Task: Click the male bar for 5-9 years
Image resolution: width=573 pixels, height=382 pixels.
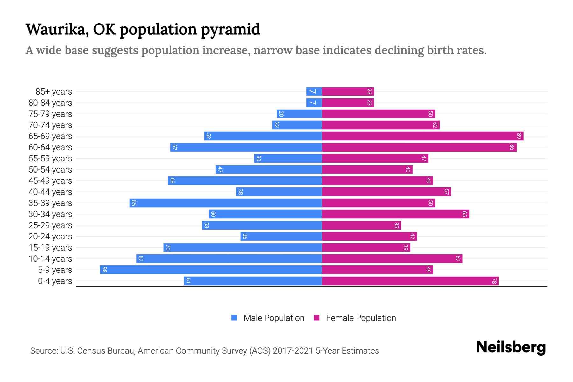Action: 211,270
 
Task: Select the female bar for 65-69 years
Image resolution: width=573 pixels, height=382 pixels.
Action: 422,136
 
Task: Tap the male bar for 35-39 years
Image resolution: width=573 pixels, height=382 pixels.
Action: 225,203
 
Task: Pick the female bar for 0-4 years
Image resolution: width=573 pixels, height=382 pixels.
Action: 410,281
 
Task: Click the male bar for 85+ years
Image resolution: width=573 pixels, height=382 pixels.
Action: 314,92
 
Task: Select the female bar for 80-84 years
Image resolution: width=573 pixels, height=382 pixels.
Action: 348,103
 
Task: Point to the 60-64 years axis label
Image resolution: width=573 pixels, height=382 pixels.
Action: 50,147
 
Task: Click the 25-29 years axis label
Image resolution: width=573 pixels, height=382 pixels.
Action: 50,225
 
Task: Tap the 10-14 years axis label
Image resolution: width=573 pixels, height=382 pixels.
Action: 50,259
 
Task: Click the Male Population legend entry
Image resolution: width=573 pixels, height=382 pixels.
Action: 274,318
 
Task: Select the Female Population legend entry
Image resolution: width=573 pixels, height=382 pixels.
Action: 361,318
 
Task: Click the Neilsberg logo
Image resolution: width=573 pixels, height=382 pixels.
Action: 511,347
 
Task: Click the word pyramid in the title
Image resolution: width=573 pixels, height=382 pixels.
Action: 230,30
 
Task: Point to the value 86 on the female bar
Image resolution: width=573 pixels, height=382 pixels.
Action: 512,147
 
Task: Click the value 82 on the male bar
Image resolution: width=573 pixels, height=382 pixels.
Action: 141,259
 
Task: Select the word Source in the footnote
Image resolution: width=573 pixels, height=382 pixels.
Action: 43,351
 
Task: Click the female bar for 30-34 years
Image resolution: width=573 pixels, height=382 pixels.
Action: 395,214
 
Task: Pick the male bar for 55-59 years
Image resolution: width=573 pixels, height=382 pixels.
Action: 288,159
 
